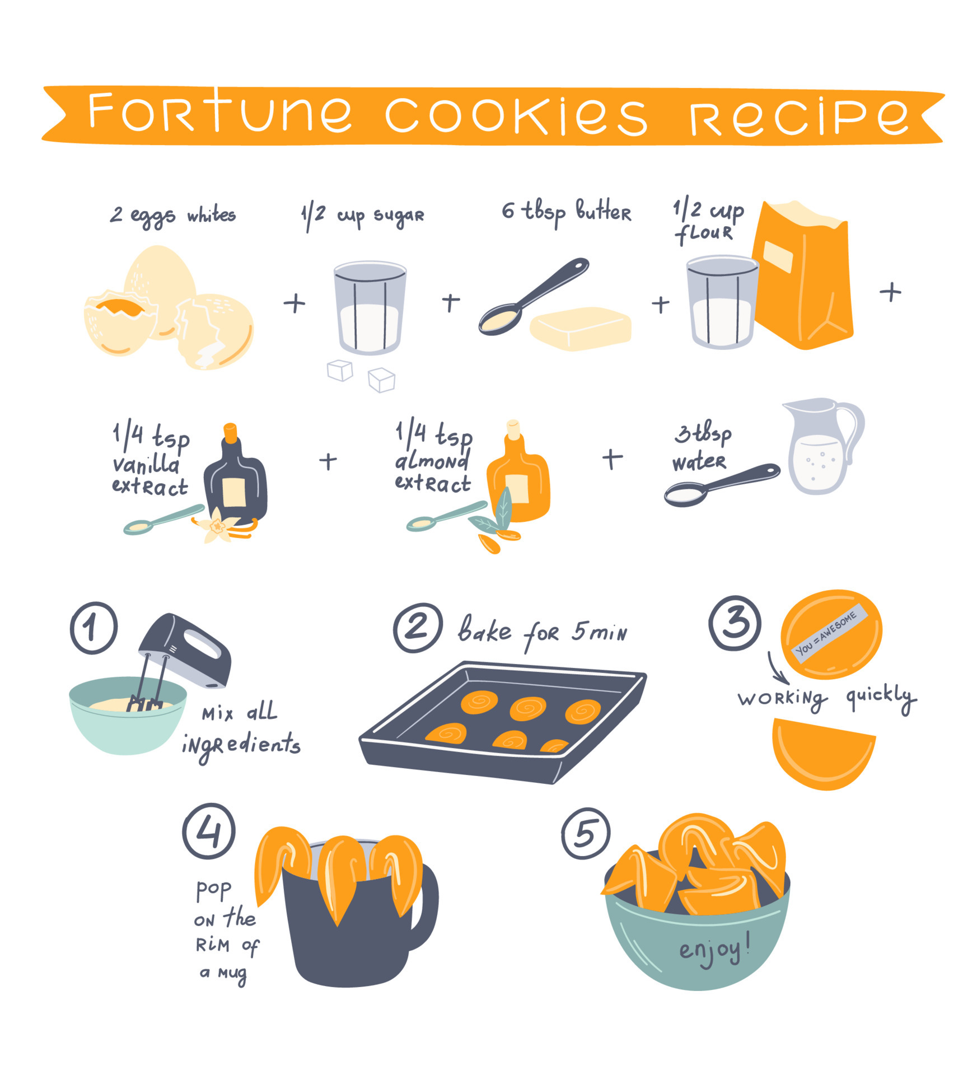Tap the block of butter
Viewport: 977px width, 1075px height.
[581, 329]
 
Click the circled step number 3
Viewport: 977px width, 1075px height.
[734, 622]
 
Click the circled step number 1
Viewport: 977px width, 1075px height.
[94, 628]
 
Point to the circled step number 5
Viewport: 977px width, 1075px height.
[586, 834]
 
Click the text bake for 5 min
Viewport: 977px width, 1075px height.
[541, 632]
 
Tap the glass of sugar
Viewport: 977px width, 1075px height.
[369, 308]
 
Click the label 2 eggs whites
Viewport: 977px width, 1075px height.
[172, 215]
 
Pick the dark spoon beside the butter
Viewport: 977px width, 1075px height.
[532, 297]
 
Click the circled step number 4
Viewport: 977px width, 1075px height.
[208, 831]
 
